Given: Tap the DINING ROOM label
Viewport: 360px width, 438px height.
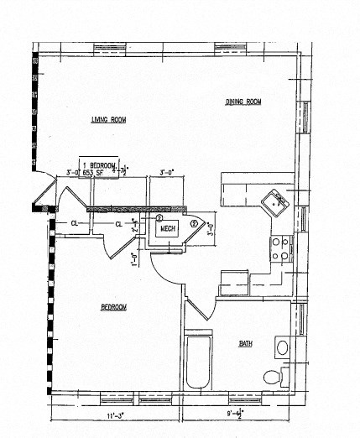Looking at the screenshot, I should (243, 102).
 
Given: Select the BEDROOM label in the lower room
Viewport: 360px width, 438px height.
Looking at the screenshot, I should (113, 307).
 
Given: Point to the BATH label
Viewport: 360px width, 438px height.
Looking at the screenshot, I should (245, 343).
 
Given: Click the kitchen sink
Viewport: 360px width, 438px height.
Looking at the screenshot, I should (274, 203).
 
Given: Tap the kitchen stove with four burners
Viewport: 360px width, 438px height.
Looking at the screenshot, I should (279, 247).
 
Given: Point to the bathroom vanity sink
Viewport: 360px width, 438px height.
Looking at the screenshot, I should (282, 347).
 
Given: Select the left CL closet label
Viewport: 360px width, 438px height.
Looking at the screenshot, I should (74, 223).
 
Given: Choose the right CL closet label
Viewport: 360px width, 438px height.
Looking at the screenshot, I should (119, 224).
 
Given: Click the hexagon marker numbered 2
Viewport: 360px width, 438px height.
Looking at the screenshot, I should (195, 224).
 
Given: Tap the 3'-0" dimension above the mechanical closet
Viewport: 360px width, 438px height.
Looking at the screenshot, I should (166, 174).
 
